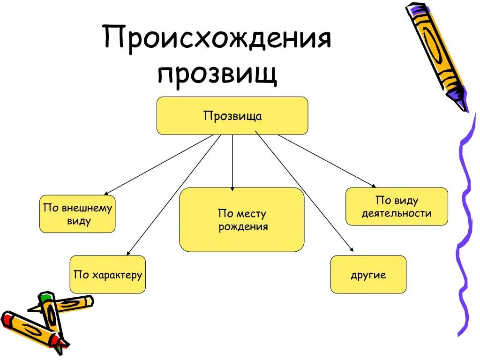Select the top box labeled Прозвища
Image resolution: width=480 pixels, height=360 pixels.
coord(232,116)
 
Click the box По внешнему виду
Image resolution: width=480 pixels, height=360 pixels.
coord(77,214)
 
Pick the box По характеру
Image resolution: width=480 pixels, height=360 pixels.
coord(107,274)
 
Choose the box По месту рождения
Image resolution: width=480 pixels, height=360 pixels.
coord(241,220)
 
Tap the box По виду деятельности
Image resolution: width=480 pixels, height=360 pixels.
coord(397,207)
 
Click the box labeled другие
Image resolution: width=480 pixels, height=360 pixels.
coord(368,274)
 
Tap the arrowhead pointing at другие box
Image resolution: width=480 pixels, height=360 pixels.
coord(350,251)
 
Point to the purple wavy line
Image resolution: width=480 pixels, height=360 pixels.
coord(464,225)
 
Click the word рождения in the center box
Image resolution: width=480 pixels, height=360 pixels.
coord(243,227)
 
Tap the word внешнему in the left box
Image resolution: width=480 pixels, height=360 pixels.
coord(87,208)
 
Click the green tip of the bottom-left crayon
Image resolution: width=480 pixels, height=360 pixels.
coord(45,297)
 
